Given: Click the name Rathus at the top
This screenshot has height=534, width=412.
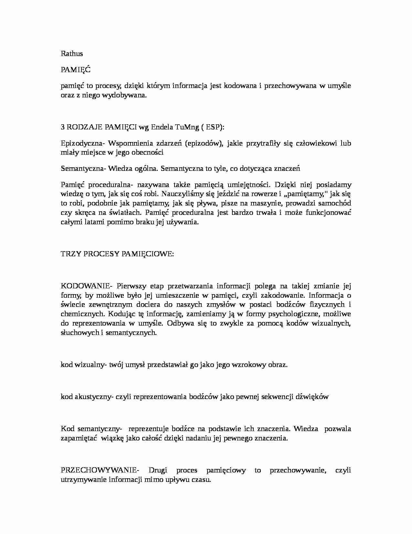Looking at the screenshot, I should [72, 53].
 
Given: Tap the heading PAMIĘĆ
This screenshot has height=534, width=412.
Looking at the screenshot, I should [76, 70].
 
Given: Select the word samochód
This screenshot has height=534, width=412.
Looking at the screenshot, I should [335, 204].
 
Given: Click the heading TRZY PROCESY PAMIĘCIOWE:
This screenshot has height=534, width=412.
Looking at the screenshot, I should [117, 254].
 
